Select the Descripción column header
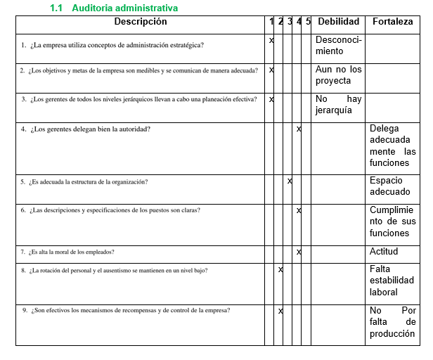pyautogui.click(x=140, y=22)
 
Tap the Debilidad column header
pyautogui.click(x=337, y=22)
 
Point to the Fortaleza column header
pyautogui.click(x=393, y=22)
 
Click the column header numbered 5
pyautogui.click(x=308, y=22)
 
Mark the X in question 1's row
pyautogui.click(x=271, y=40)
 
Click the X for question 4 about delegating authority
pyautogui.click(x=299, y=129)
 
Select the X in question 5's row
pyautogui.click(x=290, y=181)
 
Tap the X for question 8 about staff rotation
pyautogui.click(x=280, y=269)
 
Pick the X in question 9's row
pyautogui.click(x=280, y=311)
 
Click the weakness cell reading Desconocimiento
pyautogui.click(x=338, y=46)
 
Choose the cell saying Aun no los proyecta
pyautogui.click(x=338, y=75)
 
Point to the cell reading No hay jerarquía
pyautogui.click(x=338, y=105)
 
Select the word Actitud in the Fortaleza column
pyautogui.click(x=384, y=252)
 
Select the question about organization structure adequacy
pyautogui.click(x=89, y=181)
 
